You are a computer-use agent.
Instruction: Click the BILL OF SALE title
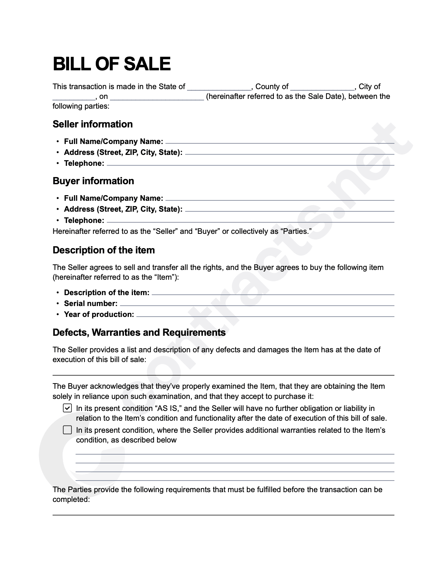coord(112,64)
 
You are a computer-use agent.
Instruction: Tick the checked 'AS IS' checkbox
coord(67,408)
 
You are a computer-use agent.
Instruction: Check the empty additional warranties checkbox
coord(67,430)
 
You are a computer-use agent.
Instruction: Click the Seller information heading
coord(92,124)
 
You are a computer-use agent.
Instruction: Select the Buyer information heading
coord(93,181)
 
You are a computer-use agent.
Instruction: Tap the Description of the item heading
coord(104,250)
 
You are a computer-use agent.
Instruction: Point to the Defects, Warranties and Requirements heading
coord(139,332)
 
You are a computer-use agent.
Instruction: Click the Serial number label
coord(91,303)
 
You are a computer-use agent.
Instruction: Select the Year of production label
coord(99,314)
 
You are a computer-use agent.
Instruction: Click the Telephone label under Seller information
coord(84,163)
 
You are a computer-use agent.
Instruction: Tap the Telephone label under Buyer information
coord(84,220)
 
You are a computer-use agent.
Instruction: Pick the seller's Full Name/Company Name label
coord(113,141)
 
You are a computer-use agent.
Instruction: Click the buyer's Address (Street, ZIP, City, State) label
coord(123,209)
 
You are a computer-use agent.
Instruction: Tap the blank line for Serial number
coord(257,305)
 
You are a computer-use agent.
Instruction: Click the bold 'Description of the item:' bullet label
coord(107,293)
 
